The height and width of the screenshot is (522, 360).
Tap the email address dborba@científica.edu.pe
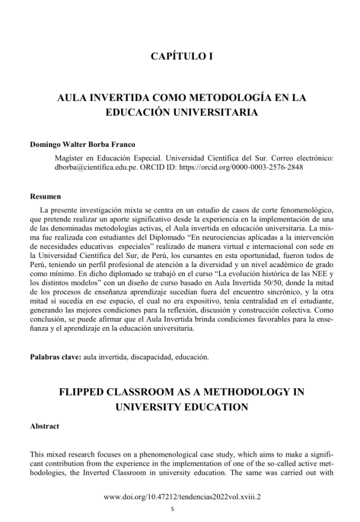point(91,167)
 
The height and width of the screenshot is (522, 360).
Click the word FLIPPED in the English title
point(88,392)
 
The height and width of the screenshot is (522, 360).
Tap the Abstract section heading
point(44,426)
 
